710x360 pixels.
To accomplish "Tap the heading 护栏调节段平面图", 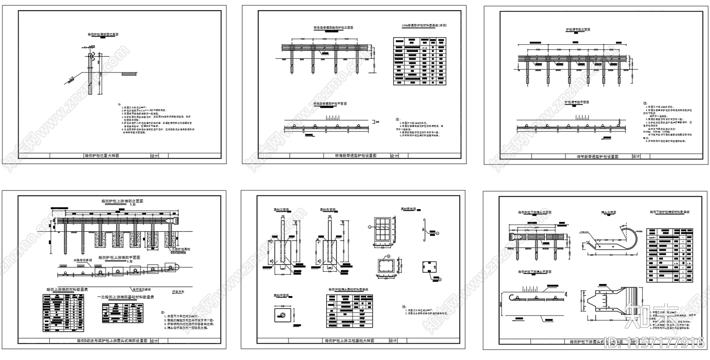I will coord(577,102).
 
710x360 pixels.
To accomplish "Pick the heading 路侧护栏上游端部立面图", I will coord(122,201).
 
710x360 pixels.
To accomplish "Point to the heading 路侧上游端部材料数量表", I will coord(67,289).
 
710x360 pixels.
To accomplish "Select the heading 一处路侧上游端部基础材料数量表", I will coord(125,297).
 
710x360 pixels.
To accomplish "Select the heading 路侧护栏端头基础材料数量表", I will coord(349,289).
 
